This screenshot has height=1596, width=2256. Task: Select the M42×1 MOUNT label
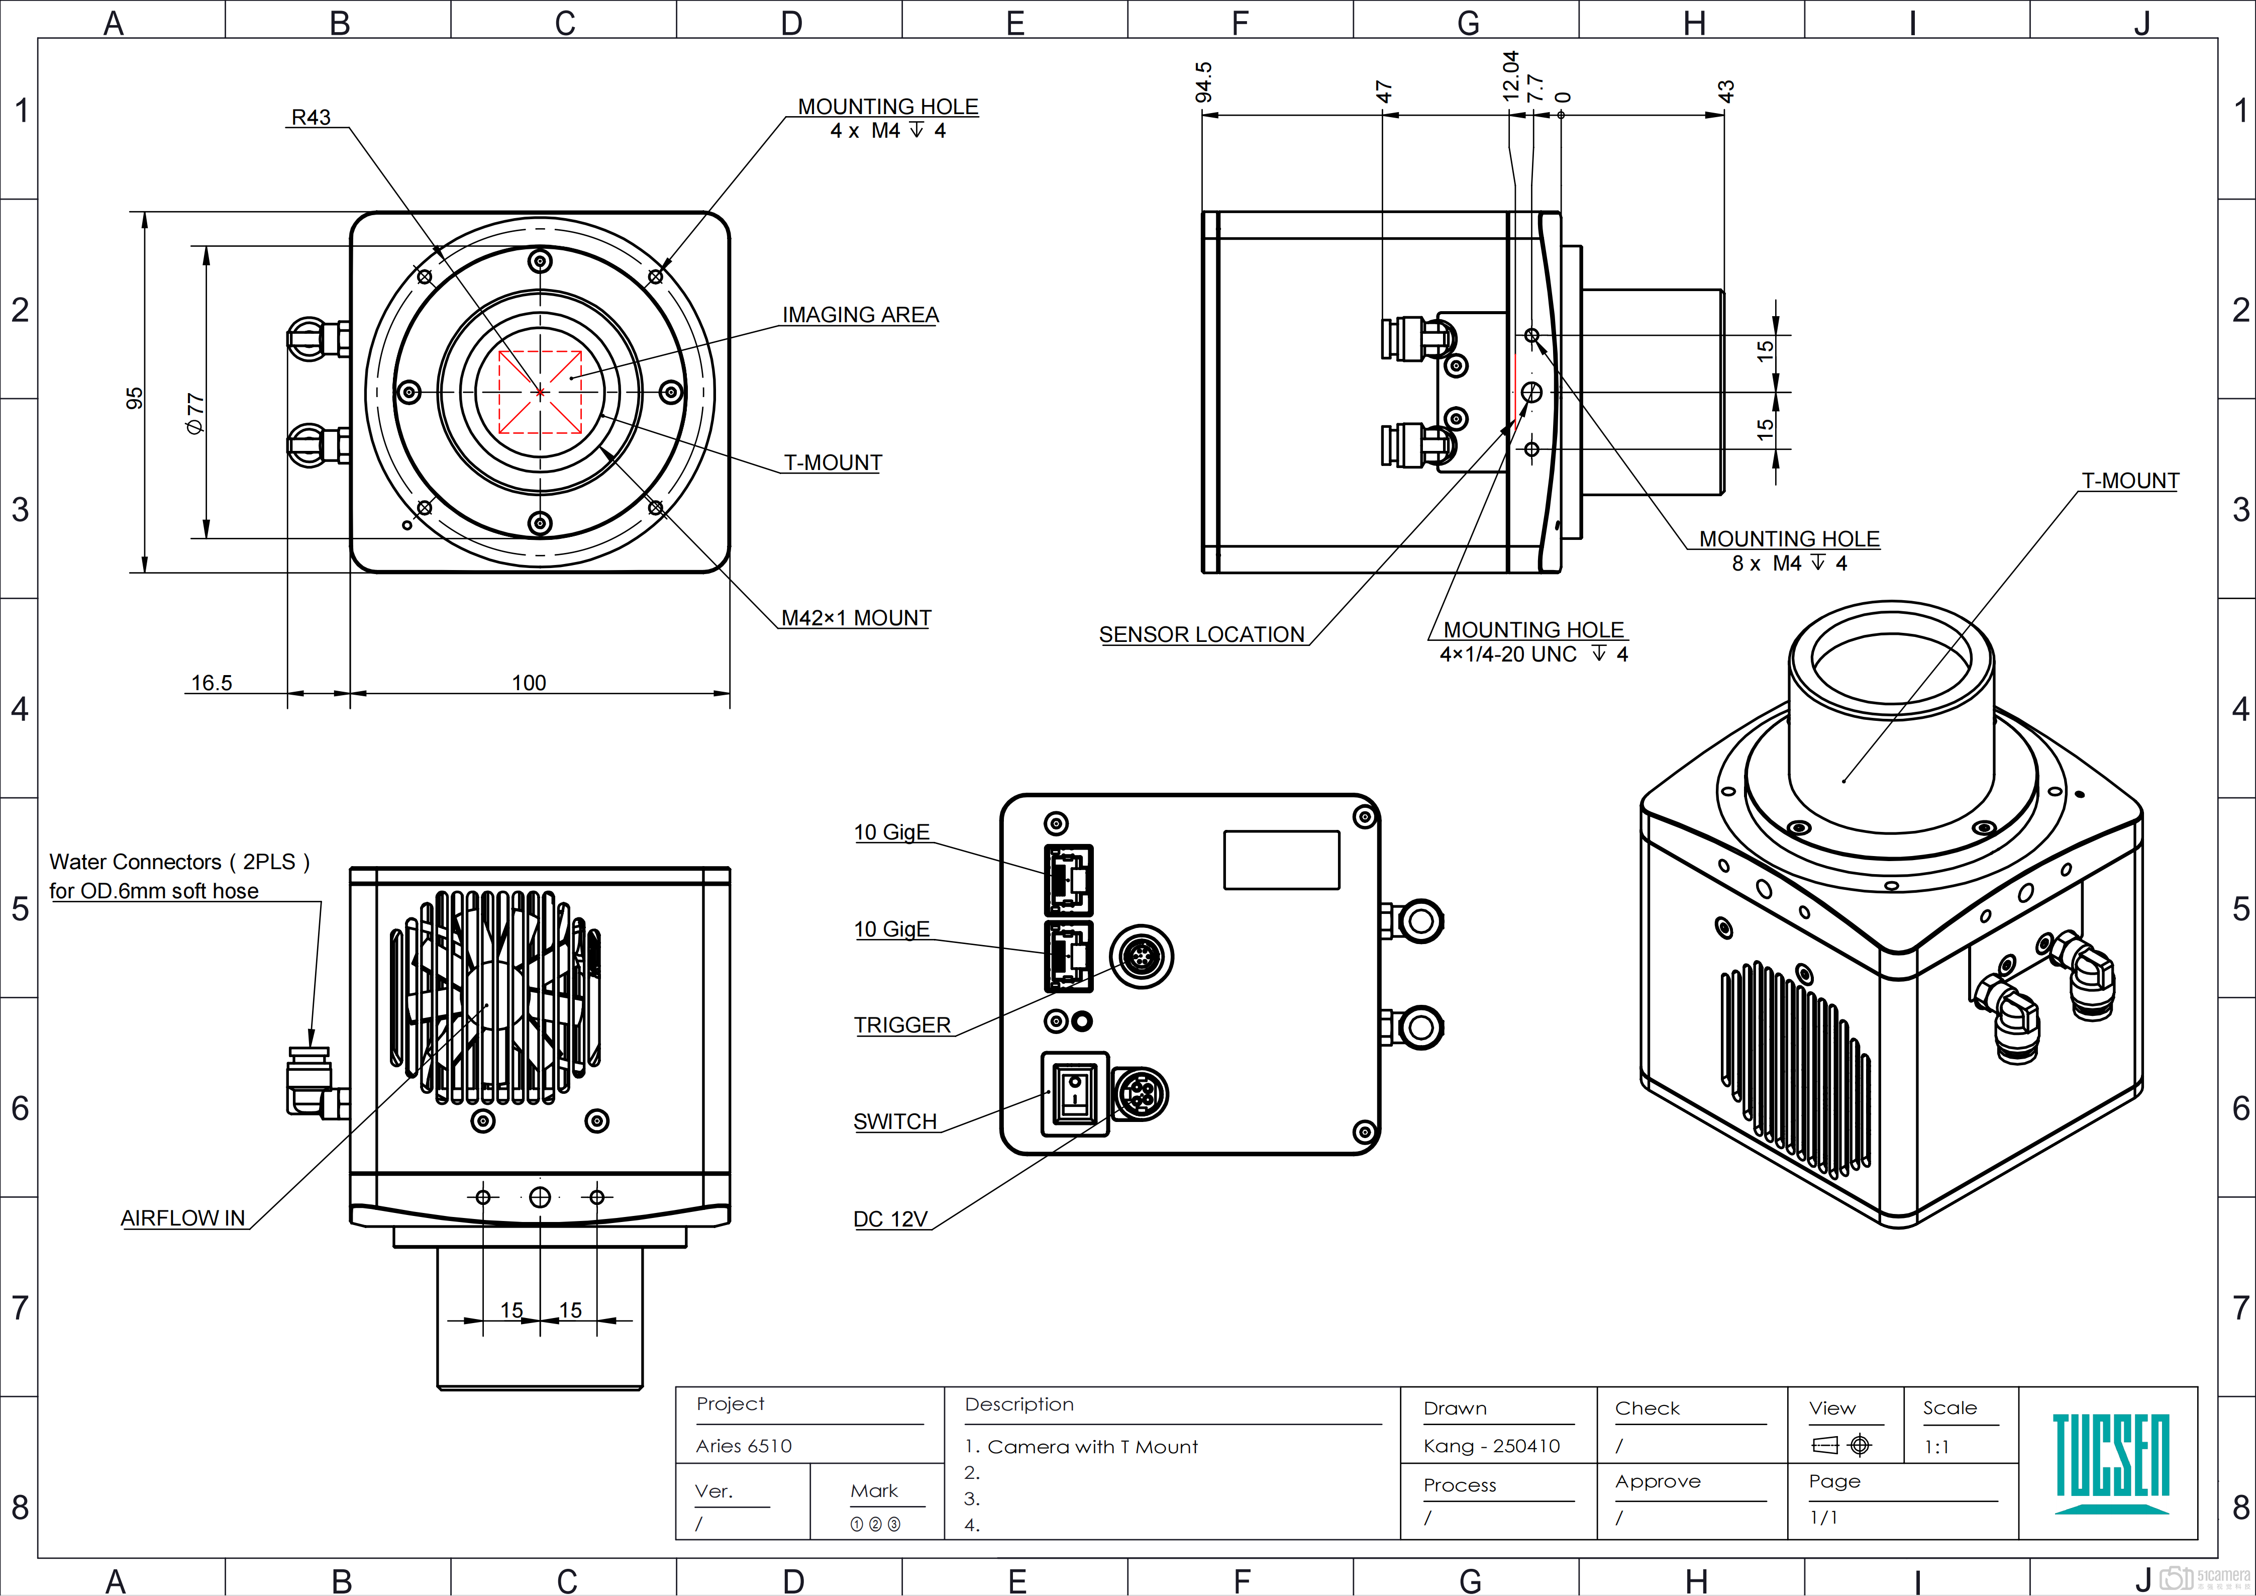[855, 618]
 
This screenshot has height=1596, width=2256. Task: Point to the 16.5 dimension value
[211, 683]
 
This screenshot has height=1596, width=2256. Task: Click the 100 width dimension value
[529, 683]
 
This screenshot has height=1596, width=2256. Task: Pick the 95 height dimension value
[135, 398]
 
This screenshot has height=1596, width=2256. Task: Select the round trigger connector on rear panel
[1141, 955]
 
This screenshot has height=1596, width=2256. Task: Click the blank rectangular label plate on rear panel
[1281, 860]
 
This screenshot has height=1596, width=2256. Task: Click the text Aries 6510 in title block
[744, 1446]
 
